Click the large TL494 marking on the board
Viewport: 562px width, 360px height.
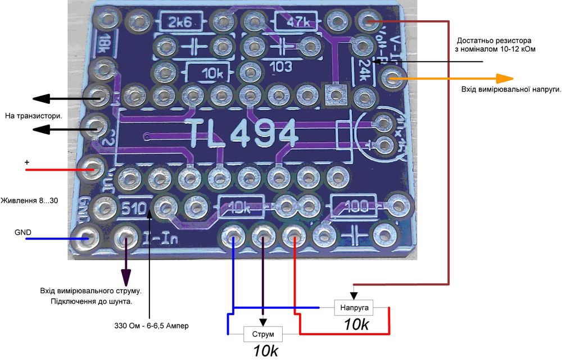click(x=243, y=135)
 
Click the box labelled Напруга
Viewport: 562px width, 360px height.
click(x=354, y=308)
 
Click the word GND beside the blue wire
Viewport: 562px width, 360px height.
click(x=23, y=232)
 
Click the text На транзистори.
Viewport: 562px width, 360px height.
click(x=33, y=116)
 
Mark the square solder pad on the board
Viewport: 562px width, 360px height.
click(x=336, y=93)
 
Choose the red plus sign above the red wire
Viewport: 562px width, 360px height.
click(x=26, y=162)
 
